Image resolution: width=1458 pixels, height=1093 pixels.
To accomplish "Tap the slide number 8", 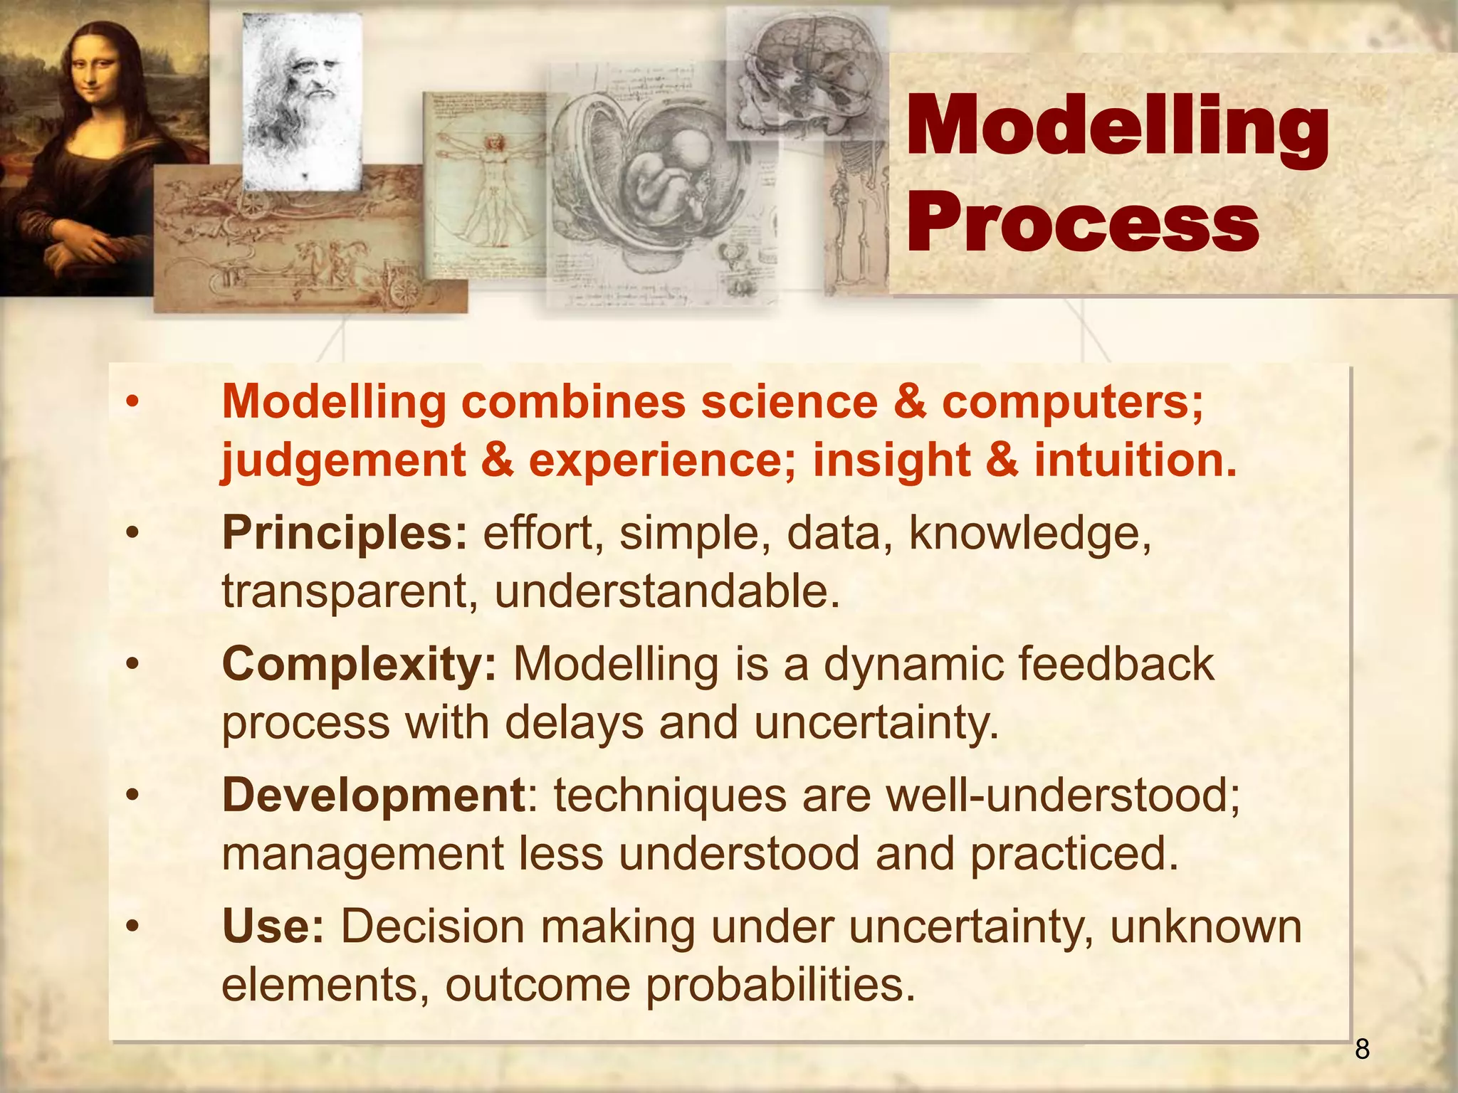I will [1362, 1050].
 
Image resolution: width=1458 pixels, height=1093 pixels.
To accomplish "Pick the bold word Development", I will [373, 796].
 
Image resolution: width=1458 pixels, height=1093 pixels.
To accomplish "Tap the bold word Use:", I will [273, 926].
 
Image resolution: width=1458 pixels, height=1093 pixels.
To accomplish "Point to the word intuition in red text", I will [1135, 460].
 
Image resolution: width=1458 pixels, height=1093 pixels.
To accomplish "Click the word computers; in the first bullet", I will [1072, 402].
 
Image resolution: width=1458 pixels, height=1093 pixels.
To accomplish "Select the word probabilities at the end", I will [780, 986].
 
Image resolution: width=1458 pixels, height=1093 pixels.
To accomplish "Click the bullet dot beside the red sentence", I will [131, 403].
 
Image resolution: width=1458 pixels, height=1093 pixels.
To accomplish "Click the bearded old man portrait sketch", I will [302, 100].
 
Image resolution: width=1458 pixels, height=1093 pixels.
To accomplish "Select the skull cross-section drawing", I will [804, 71].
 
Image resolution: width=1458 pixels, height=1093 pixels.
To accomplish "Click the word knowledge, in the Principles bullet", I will [1029, 534].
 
